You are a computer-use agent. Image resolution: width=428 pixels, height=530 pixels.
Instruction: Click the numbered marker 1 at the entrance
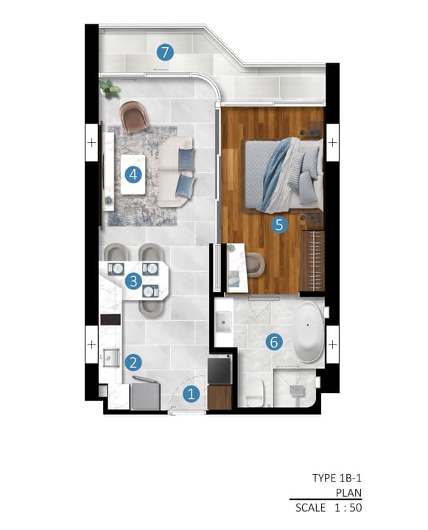click(x=191, y=394)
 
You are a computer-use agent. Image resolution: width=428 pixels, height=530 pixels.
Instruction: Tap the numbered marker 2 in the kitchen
click(x=133, y=363)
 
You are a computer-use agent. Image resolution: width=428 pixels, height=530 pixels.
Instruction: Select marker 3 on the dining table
click(x=133, y=281)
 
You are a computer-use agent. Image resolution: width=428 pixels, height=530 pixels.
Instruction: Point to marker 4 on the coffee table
click(x=133, y=174)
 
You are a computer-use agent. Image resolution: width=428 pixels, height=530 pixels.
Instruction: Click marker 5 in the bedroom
click(x=279, y=225)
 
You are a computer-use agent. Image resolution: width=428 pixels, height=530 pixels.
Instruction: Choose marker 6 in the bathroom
click(x=274, y=342)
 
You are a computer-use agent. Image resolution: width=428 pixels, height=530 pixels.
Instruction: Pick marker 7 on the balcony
click(x=165, y=52)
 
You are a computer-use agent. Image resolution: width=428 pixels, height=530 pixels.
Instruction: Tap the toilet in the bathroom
click(x=254, y=392)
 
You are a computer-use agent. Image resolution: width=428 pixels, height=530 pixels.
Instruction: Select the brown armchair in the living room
click(x=134, y=116)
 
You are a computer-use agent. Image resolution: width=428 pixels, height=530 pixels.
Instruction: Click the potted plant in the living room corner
click(x=109, y=88)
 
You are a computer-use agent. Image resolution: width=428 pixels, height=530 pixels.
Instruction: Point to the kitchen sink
click(x=111, y=358)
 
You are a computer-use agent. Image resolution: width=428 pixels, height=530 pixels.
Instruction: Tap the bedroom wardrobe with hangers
click(x=312, y=261)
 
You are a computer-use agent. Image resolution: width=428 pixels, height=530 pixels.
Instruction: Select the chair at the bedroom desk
click(x=256, y=265)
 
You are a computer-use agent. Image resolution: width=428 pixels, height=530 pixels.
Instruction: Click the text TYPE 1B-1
click(x=337, y=478)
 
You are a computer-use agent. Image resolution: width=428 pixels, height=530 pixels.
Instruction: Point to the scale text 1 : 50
click(x=348, y=507)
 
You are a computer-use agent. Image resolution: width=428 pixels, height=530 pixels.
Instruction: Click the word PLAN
click(x=348, y=492)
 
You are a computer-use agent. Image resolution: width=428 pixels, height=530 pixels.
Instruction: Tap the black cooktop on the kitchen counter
click(x=110, y=319)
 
